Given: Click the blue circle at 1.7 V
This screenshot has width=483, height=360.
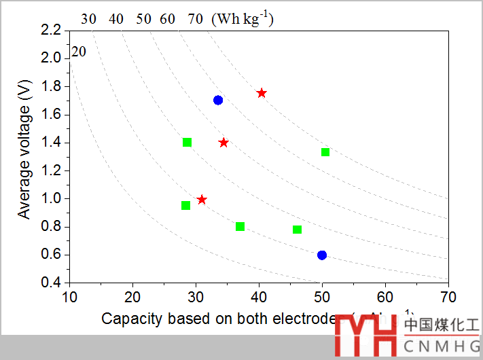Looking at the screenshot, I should pos(218,100).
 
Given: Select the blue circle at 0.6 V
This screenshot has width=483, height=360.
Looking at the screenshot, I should pos(322,255).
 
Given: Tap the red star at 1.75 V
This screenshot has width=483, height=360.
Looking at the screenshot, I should pos(262,92).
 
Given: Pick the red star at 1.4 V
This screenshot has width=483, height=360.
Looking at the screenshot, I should pos(223,142).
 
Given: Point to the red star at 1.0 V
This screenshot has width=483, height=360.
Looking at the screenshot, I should pos(202,199).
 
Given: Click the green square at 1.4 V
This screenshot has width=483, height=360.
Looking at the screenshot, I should pos(187,142).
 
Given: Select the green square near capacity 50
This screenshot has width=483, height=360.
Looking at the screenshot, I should pos(325,151).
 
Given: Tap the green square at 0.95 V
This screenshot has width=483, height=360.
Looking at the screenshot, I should pos(185,205).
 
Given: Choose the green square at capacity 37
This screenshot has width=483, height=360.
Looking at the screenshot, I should pos(240,226).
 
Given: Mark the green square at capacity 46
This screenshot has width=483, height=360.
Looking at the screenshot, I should pos(297,229).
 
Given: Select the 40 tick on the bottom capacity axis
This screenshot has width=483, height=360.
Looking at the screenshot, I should pos(259,297).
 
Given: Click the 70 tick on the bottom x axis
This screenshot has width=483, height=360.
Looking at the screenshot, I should pos(448,297).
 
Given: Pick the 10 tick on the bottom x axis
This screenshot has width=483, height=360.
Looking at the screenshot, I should pos(69,297).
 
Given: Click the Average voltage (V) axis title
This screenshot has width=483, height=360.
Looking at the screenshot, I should pos(25,156).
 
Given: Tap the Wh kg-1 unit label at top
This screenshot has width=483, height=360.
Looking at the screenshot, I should pos(243,18).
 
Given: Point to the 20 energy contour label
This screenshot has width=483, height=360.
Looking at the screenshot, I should pos(79,52).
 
